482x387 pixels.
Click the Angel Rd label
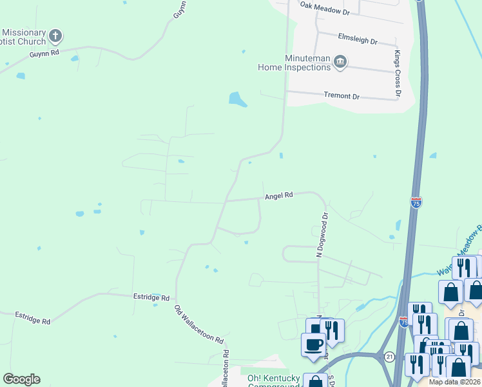coord(278,195)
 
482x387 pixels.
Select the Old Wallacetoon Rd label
coord(199,324)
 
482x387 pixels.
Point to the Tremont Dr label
coord(342,95)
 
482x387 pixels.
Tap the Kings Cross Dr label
coord(398,74)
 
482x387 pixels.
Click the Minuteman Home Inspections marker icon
coord(341,62)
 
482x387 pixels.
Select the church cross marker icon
coord(56,35)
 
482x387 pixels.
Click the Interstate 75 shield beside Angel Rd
coord(416,203)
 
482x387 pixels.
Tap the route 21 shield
coord(389,356)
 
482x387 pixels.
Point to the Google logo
coord(21,379)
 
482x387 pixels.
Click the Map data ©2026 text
coord(454,382)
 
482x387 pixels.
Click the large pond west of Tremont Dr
coord(237,99)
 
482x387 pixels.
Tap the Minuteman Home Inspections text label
coord(294,62)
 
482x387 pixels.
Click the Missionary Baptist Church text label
coord(24,37)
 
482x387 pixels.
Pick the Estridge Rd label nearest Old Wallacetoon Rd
coord(152,298)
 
